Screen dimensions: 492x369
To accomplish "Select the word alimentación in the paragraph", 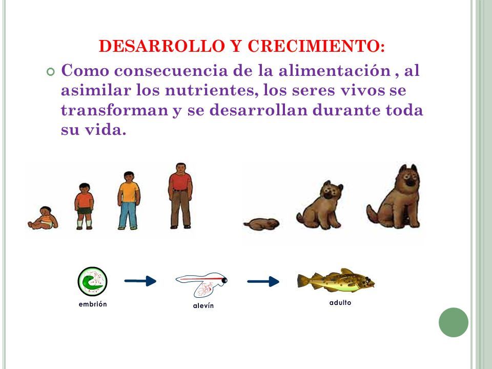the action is pyautogui.click(x=335, y=70).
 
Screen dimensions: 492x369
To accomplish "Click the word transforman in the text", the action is pyautogui.click(x=114, y=110).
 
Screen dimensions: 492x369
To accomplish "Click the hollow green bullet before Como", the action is pyautogui.click(x=50, y=72).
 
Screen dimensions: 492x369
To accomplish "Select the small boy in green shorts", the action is pyautogui.click(x=84, y=206).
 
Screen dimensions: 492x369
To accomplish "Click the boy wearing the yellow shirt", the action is pyautogui.click(x=129, y=200).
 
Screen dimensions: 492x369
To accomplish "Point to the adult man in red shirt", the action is pyautogui.click(x=180, y=195).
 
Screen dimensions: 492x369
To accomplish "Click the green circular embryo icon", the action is pyautogui.click(x=92, y=281).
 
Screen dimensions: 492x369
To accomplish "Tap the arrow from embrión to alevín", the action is pyautogui.click(x=140, y=281).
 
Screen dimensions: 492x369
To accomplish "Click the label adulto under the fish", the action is pyautogui.click(x=340, y=302).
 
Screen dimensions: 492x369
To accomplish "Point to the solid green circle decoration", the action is pyautogui.click(x=454, y=322).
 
